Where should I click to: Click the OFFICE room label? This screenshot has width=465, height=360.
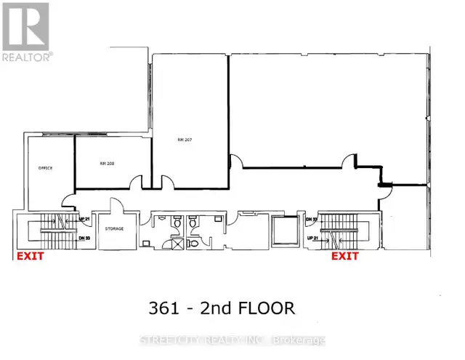click(x=46, y=167)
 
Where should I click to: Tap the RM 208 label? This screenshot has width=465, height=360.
click(x=108, y=164)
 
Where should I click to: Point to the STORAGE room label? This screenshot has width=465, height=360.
click(x=113, y=228)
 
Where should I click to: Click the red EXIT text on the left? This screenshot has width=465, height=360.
click(x=31, y=256)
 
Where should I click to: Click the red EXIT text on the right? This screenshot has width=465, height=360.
click(x=346, y=256)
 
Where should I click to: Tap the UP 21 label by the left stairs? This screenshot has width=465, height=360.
click(x=84, y=219)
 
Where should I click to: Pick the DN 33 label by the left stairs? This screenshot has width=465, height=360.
click(x=84, y=238)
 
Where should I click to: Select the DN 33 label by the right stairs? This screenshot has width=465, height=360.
click(x=312, y=219)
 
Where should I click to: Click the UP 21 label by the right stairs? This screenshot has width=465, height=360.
click(x=312, y=238)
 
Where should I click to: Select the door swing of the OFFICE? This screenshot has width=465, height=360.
click(x=67, y=198)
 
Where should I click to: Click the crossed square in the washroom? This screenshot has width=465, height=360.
click(x=176, y=245)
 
